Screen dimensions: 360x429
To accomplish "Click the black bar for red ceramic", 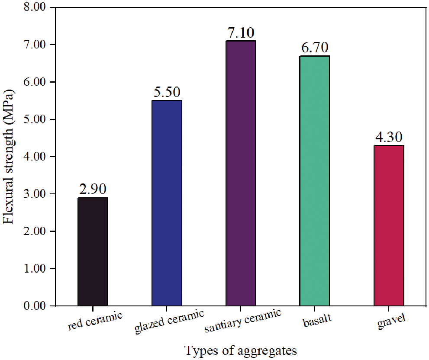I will point(93,252).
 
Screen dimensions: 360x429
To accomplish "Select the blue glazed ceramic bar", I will point(167,203).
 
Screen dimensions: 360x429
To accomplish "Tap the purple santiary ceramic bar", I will point(241,173).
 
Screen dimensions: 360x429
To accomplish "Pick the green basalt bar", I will point(315,181).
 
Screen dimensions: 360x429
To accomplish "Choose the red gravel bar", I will point(389,225).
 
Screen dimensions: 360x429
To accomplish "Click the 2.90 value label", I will point(93,189).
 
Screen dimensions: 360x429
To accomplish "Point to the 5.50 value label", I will point(167,92).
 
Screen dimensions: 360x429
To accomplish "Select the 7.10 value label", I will point(241,32).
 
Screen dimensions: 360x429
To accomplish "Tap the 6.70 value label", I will point(315,48).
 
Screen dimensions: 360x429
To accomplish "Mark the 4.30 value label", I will point(389,137).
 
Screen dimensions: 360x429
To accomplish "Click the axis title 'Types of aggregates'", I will point(241,350).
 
